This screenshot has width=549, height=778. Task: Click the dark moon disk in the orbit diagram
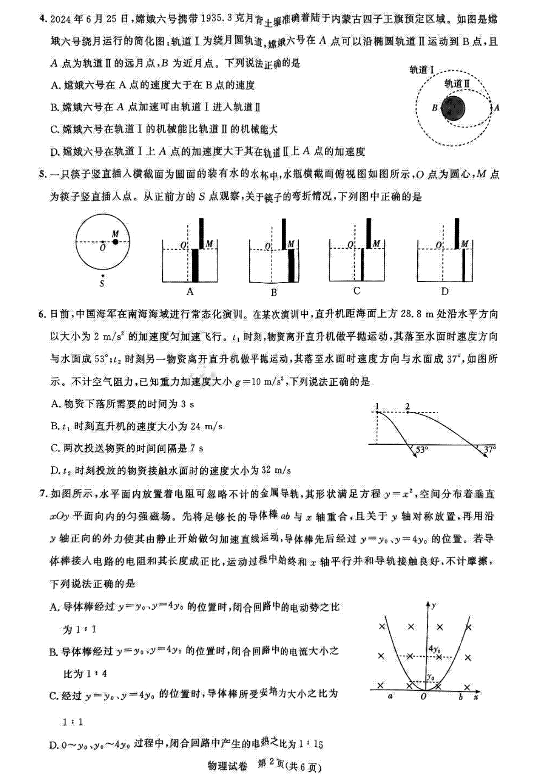452,108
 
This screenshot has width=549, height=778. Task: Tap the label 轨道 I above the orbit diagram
421,70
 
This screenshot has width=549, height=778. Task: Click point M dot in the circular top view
115,241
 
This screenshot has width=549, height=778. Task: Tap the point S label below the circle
102,284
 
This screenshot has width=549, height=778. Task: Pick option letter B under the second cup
274,293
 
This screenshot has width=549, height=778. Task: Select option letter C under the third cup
357,290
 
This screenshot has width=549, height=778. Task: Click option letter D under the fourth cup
445,291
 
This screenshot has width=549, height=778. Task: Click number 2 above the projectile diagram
407,406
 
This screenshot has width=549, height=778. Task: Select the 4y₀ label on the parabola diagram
435,649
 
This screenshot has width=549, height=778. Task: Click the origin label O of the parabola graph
424,696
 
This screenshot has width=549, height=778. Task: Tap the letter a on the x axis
390,696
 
